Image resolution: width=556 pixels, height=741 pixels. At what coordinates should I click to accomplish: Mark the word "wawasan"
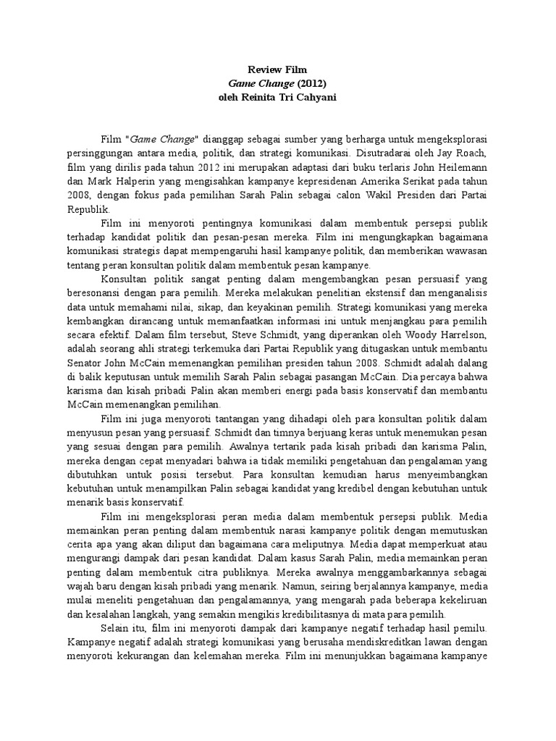click(x=467, y=250)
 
